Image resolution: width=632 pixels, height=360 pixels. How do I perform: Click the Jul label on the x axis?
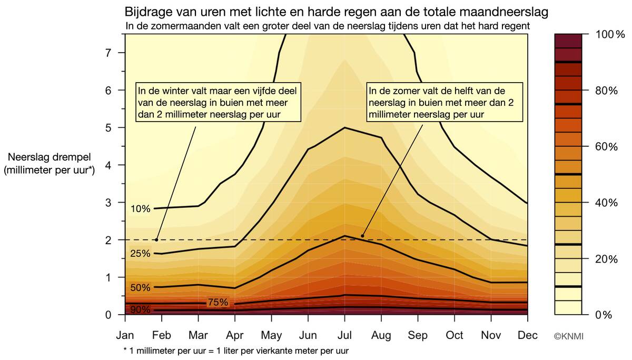pos(344,335)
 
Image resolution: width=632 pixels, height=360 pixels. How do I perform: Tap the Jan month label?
pos(125,335)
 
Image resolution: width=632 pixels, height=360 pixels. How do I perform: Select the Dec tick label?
pos(528,335)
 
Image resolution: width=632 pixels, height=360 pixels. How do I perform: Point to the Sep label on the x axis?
pos(418,335)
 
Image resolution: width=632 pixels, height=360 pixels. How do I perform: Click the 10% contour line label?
pos(141,209)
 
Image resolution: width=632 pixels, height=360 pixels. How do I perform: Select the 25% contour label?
pos(141,254)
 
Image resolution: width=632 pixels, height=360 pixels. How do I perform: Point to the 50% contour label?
pos(141,288)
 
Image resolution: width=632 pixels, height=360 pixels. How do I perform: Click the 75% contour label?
pos(218,303)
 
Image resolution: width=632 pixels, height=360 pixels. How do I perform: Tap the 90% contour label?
pos(140,310)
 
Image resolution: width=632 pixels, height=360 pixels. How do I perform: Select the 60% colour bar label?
pos(605,147)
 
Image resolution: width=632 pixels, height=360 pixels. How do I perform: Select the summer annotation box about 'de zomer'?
pos(445,102)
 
